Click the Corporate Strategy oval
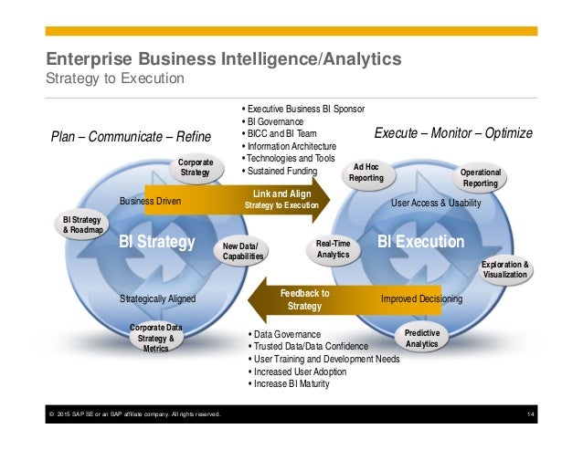pyautogui.click(x=196, y=167)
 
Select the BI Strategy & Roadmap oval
pyautogui.click(x=83, y=225)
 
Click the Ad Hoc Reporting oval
pyautogui.click(x=366, y=173)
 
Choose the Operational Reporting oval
pyautogui.click(x=480, y=178)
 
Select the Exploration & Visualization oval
pyautogui.click(x=505, y=271)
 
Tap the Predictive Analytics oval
pyautogui.click(x=421, y=339)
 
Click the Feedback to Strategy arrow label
pyautogui.click(x=304, y=299)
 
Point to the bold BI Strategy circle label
pyautogui.click(x=157, y=242)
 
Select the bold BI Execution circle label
pyautogui.click(x=421, y=242)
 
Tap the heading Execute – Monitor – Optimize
pyautogui.click(x=454, y=133)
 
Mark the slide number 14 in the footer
pyautogui.click(x=530, y=416)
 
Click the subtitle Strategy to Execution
pyautogui.click(x=116, y=78)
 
